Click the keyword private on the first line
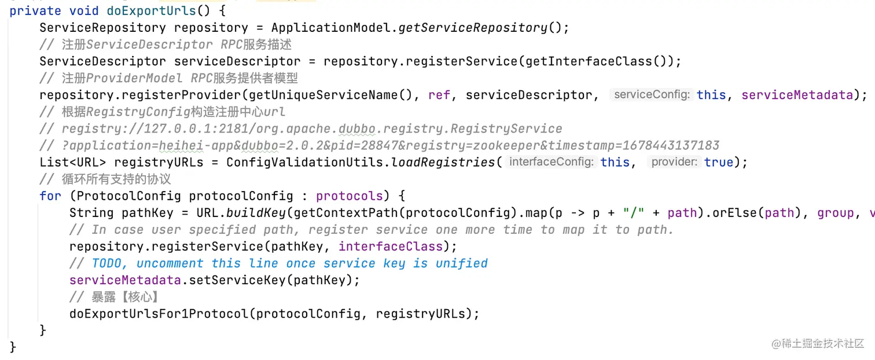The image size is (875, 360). pos(35,10)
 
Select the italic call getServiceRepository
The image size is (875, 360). pos(473,27)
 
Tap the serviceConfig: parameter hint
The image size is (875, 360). pos(652,94)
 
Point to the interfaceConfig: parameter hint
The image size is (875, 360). pos(551,162)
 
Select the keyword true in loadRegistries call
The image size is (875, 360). pos(719,162)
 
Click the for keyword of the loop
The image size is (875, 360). pos(50,196)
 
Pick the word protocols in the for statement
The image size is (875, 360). pos(350,196)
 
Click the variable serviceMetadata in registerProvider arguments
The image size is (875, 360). pos(797,94)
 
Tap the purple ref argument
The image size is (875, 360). pos(439,94)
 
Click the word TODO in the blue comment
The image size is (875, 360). pos(111,263)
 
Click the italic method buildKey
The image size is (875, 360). pos(256,213)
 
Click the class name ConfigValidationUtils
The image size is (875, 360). pos(305,162)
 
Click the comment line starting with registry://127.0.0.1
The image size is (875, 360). pos(312,128)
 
